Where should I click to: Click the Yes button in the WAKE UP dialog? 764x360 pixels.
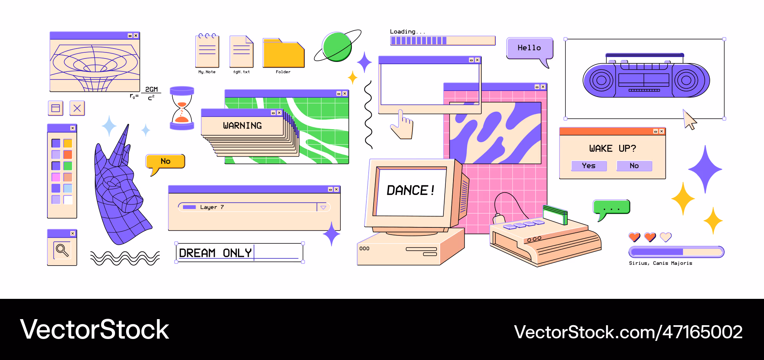click(x=589, y=166)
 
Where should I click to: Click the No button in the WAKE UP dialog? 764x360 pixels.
click(x=634, y=166)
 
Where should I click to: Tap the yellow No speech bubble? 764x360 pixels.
click(x=165, y=162)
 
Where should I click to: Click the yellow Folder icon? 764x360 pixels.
click(x=283, y=53)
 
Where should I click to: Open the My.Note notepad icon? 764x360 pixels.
click(x=207, y=50)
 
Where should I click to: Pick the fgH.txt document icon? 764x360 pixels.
click(x=241, y=52)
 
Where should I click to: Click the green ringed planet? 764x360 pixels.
click(x=337, y=46)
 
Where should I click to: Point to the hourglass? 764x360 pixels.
click(x=182, y=108)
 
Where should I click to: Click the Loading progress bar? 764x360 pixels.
click(x=443, y=41)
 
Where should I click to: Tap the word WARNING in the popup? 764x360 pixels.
click(x=243, y=126)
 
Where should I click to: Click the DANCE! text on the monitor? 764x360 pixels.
click(x=411, y=190)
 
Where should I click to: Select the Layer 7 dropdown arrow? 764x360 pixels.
click(x=323, y=207)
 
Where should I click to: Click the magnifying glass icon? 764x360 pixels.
click(x=62, y=250)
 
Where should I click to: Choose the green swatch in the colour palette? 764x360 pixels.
click(x=68, y=166)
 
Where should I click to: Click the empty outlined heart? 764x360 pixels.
click(x=666, y=237)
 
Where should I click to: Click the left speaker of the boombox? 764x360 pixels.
click(x=601, y=80)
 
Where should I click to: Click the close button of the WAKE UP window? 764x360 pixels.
click(x=662, y=131)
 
